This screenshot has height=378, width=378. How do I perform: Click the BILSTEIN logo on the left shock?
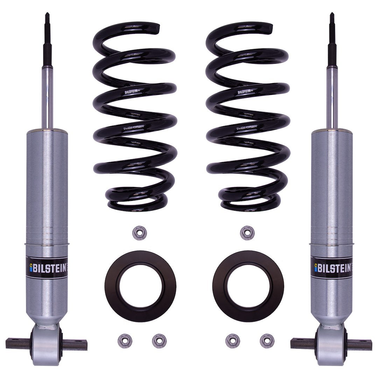coord(47,267)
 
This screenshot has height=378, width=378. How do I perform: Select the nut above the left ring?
coord(140,233)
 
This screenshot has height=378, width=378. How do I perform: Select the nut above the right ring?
coord(247,233)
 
